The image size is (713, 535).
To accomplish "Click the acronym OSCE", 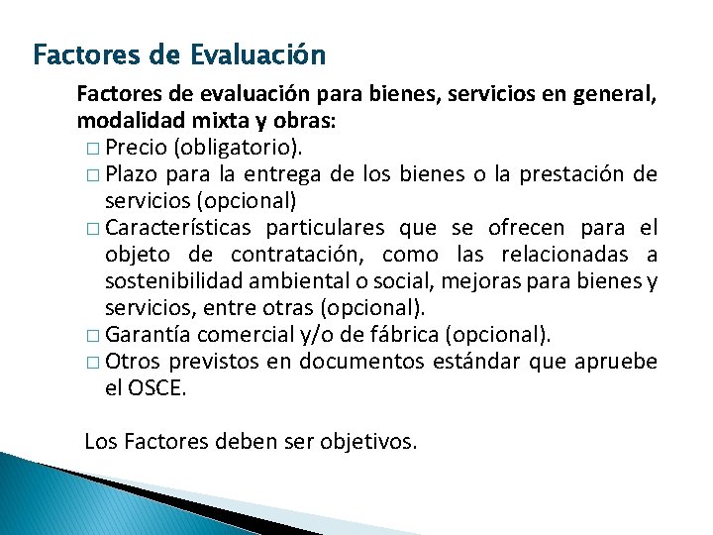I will (x=156, y=388).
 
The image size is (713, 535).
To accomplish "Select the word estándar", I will (x=477, y=362).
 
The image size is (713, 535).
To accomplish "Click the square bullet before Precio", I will (x=92, y=149).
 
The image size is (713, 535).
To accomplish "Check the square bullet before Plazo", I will (x=92, y=175).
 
